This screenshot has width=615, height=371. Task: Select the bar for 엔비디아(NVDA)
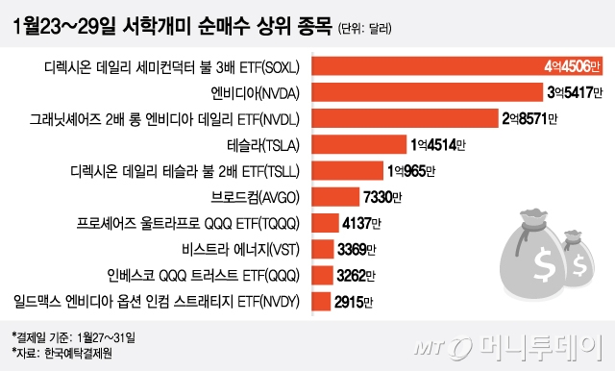[x=413, y=93]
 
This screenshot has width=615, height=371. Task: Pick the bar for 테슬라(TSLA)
[x=361, y=145]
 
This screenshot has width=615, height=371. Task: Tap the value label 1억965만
[x=409, y=171]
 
